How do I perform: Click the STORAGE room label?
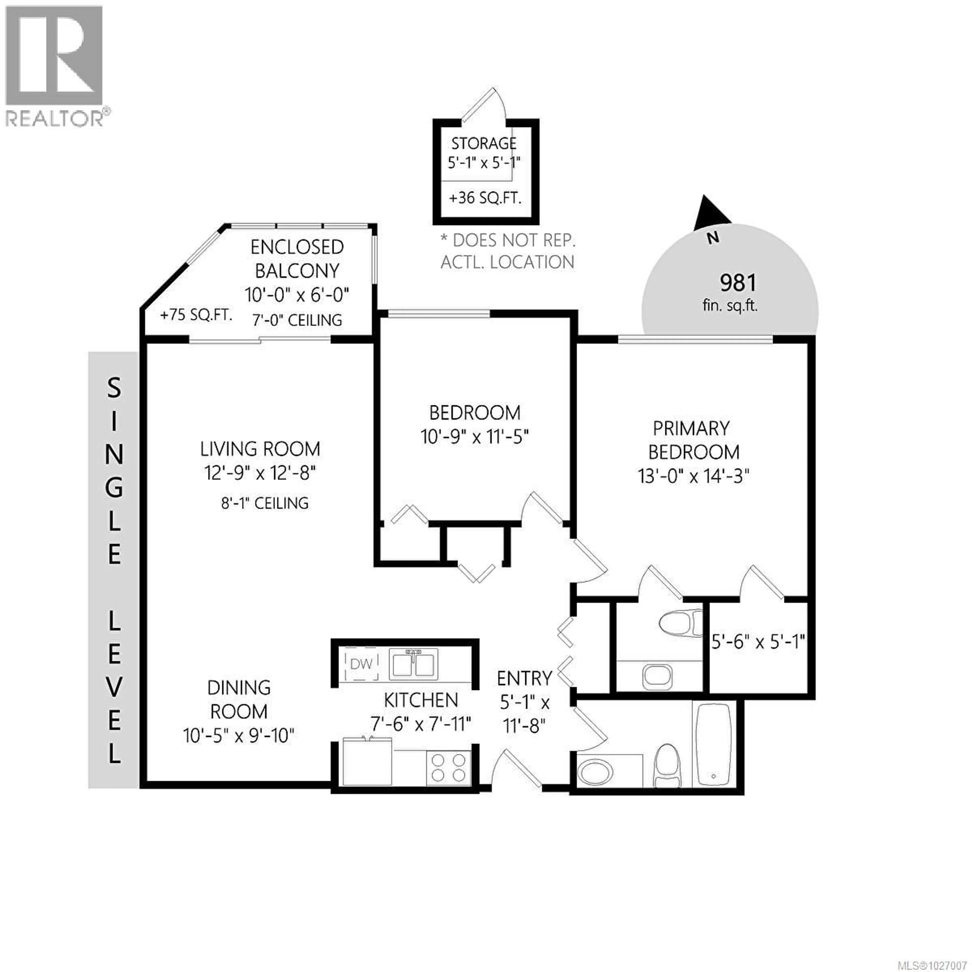[483, 144]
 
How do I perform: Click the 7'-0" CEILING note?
[297, 320]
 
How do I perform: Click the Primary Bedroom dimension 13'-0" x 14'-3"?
[693, 475]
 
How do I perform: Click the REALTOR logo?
[55, 65]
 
